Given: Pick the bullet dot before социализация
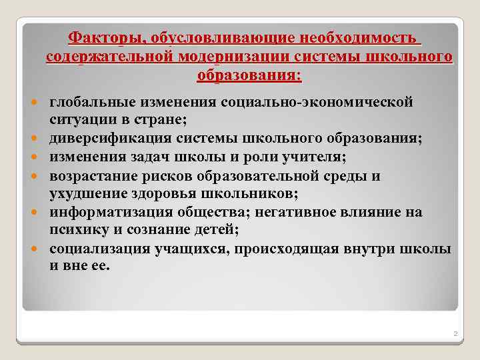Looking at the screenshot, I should pyautogui.click(x=33, y=249).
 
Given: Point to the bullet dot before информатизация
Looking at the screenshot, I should pyautogui.click(x=33, y=213).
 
